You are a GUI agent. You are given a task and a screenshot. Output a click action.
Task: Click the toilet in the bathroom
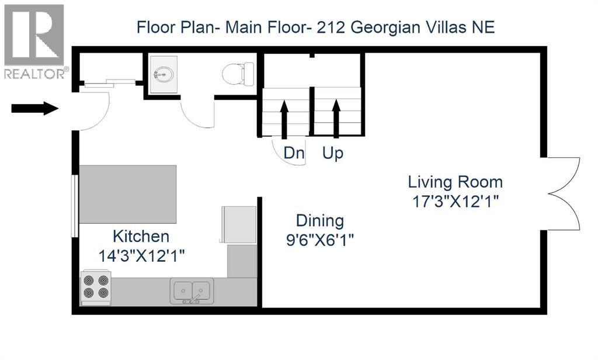(x=238, y=74)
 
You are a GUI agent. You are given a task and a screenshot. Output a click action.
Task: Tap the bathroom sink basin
(x=163, y=74)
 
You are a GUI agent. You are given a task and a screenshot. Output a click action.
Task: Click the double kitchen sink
(x=192, y=290)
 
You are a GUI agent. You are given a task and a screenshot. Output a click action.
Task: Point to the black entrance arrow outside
(x=35, y=108)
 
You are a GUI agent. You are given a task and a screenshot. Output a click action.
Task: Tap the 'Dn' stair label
(x=294, y=153)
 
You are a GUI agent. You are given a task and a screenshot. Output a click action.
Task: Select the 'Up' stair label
(x=333, y=153)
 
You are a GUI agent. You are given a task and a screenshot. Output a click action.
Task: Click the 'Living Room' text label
(x=455, y=182)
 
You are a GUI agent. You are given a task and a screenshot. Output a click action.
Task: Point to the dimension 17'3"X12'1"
(x=455, y=201)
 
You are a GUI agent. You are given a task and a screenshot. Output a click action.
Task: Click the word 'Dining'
(x=319, y=221)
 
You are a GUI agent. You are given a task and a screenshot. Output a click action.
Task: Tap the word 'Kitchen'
(x=141, y=237)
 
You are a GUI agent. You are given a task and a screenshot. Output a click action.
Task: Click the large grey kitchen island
(x=127, y=194)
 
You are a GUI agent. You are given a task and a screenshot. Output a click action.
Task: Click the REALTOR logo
(x=34, y=41)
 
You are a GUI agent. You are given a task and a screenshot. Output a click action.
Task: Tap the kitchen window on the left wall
(x=74, y=206)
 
